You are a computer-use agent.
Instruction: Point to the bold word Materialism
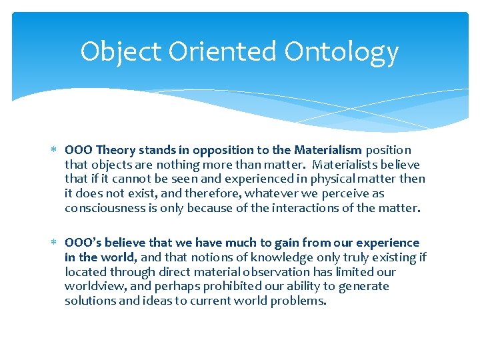tap(327, 150)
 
